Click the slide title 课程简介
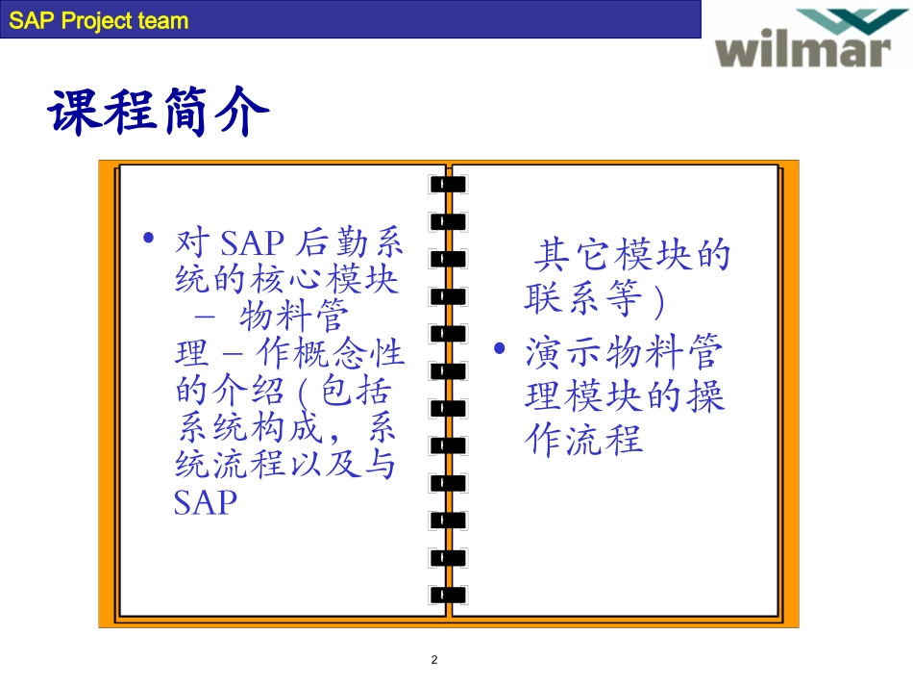[x=159, y=113]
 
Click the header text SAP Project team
[x=99, y=21]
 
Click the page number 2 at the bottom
[x=433, y=660]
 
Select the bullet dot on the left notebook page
[x=148, y=239]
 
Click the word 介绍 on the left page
[x=257, y=391]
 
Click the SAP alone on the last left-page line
[x=206, y=502]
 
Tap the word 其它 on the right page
[x=567, y=256]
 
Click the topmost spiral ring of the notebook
[x=448, y=183]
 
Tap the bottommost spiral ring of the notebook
[x=448, y=594]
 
